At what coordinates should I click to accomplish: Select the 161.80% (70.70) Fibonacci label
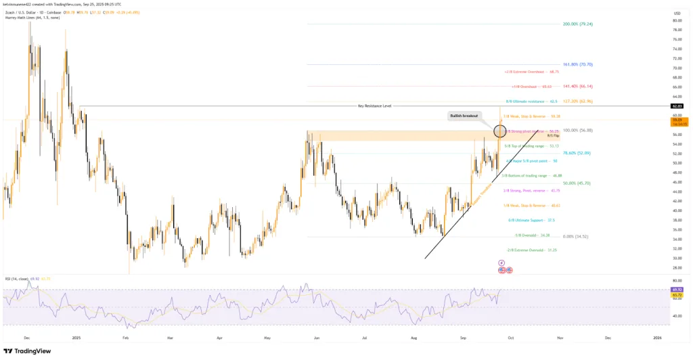coord(577,64)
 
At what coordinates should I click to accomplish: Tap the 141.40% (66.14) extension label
coord(577,87)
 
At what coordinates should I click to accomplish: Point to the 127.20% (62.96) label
coord(577,102)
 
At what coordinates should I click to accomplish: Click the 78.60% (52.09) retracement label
coord(577,154)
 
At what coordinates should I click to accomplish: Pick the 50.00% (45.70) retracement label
coord(577,183)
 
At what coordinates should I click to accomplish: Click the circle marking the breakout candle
coord(501,131)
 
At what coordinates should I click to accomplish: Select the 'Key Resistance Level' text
coord(374,106)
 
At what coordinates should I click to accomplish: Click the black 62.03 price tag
coord(677,106)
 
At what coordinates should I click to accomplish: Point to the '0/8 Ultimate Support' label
coord(522,220)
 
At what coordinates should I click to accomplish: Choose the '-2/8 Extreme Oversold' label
coord(523,250)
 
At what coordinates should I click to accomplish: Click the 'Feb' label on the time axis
coord(125,336)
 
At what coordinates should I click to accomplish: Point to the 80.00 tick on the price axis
coord(677,20)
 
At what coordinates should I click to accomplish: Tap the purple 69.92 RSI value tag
coord(677,289)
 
